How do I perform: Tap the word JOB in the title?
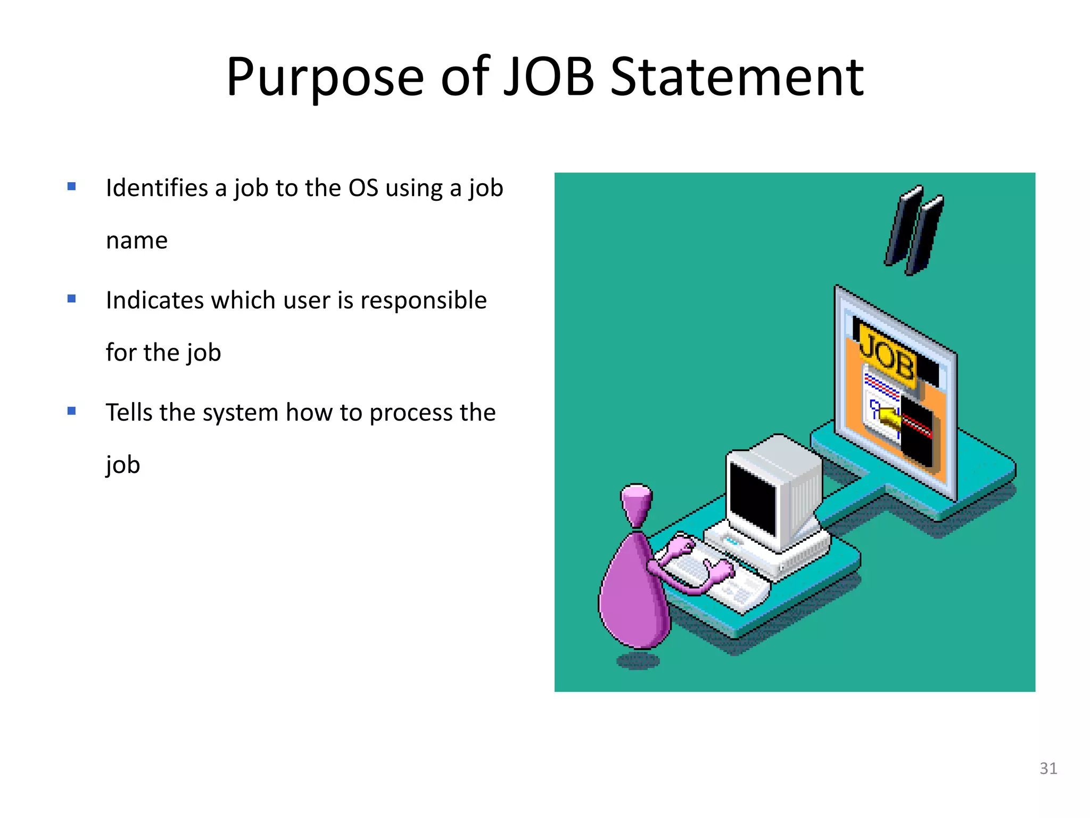point(549,77)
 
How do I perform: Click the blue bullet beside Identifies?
point(72,186)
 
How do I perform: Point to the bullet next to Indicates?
point(72,299)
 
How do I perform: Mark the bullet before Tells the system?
point(72,411)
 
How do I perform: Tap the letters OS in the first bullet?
point(363,188)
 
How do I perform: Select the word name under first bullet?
point(137,241)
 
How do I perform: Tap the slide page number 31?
point(1048,768)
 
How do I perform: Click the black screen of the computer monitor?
point(753,498)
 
